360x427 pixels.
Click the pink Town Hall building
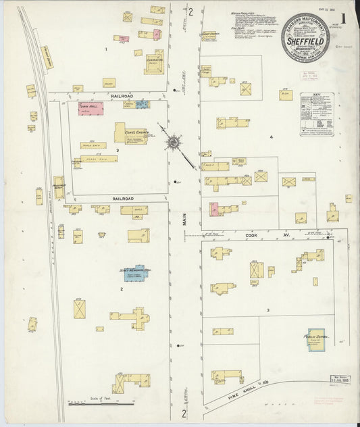coord(90,109)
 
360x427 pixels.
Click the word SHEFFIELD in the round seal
coord(307,39)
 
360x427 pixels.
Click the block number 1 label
coord(106,49)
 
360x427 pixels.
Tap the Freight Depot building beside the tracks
coord(49,59)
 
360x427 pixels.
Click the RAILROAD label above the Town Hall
coord(122,96)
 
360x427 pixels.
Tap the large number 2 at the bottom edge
coord(184,413)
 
